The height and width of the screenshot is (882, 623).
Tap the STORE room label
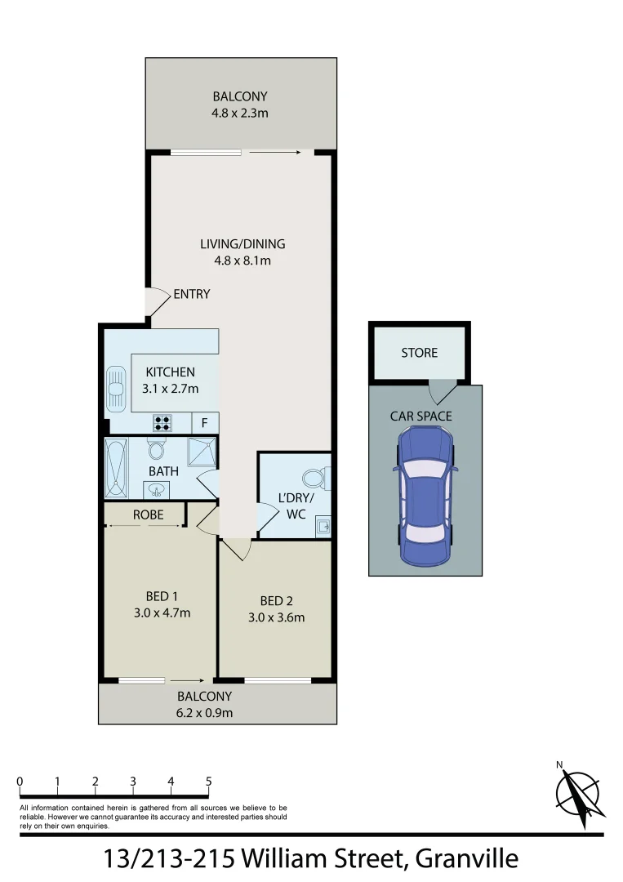tap(419, 353)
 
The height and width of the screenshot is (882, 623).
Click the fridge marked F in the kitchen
tap(204, 423)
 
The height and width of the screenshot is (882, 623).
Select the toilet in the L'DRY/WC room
tap(314, 477)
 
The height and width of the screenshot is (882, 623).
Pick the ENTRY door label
tap(191, 294)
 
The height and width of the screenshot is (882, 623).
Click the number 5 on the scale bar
tap(209, 782)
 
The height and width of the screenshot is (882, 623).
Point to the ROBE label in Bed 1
tap(148, 514)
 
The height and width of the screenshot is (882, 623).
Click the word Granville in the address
tap(466, 858)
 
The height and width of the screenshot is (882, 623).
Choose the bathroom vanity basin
tap(157, 489)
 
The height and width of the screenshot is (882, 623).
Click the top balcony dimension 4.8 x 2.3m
tap(240, 113)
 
